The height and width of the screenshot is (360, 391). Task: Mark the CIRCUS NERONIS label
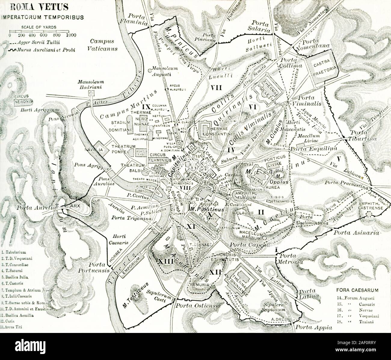click(23, 99)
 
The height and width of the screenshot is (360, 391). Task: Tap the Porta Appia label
click(314, 328)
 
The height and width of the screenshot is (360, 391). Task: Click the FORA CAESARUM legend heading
click(356, 290)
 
